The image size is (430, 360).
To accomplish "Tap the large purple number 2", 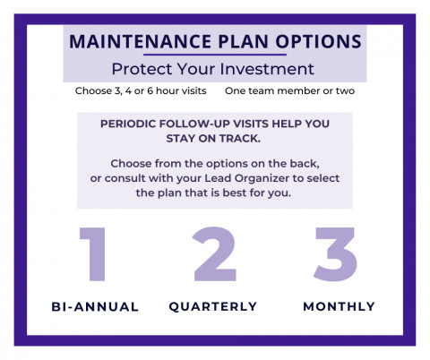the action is (x=215, y=254).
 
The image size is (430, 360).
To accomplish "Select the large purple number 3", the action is (x=336, y=254).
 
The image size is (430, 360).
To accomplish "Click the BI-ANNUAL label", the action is (x=95, y=307).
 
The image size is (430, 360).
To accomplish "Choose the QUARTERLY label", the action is (x=213, y=307).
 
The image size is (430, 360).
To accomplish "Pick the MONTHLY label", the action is (x=340, y=306).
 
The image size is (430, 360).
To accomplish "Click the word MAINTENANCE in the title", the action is (x=141, y=41).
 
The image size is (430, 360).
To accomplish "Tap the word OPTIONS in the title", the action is (x=318, y=41).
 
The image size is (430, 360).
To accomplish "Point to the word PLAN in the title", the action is (x=243, y=41).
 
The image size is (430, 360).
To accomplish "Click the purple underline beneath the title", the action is (x=215, y=55).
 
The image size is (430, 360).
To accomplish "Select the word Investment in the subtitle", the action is (x=267, y=69).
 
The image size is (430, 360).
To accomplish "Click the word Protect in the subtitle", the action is (x=142, y=69).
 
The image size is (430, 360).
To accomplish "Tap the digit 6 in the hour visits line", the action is (x=150, y=90).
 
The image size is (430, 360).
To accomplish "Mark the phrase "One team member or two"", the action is (x=289, y=90).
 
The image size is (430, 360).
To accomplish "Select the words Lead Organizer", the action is (x=246, y=178).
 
